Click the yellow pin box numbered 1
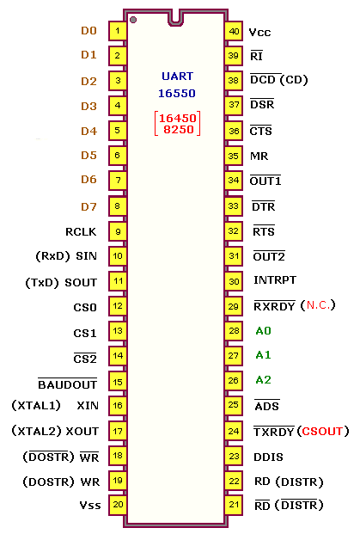point(118,31)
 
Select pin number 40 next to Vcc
point(234,31)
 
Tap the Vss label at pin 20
point(90,505)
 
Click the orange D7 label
point(88,206)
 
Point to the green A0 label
point(264,331)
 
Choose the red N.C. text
point(318,304)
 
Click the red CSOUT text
point(322,431)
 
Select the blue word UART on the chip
point(177,76)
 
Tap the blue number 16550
point(177,94)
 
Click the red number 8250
point(179,129)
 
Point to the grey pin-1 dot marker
point(133,20)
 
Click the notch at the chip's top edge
point(175,19)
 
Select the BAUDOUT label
point(67,384)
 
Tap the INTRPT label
point(275,280)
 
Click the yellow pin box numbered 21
point(234,505)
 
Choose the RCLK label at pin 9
point(81,232)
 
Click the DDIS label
point(268,457)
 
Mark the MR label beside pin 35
point(259,156)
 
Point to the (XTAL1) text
point(36,405)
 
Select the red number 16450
point(178,118)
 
